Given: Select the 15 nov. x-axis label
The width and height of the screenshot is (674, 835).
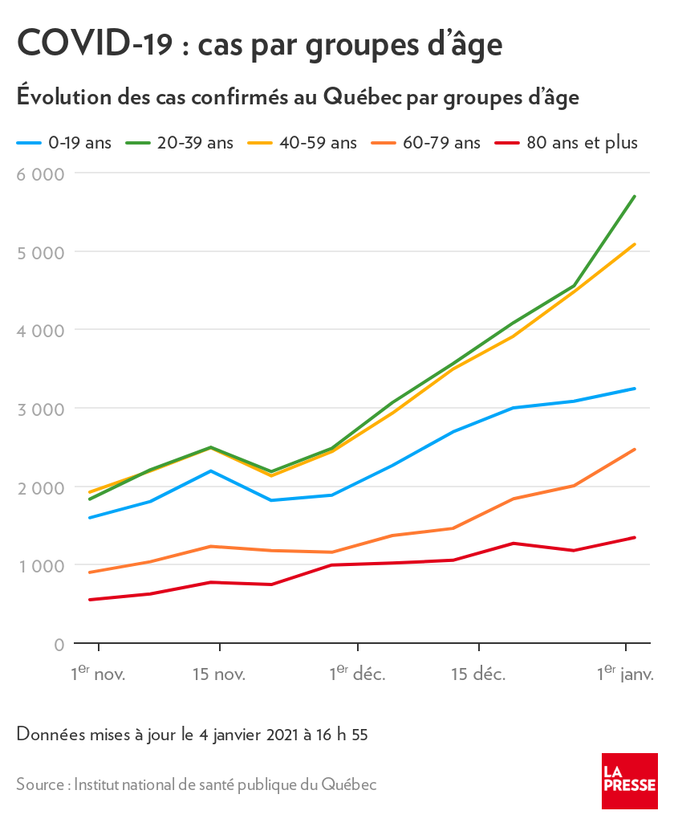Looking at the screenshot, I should click(x=219, y=674).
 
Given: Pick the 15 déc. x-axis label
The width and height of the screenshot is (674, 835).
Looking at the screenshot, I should click(x=478, y=674).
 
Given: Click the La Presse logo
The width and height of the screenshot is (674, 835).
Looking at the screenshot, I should click(x=630, y=781).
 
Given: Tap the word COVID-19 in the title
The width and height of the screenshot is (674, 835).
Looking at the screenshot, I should click(x=95, y=43).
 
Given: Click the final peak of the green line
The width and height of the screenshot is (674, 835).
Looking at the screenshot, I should click(x=635, y=196).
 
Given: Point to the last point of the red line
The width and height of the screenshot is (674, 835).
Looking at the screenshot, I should click(x=635, y=537).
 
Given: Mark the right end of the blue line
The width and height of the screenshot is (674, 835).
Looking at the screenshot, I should click(x=635, y=389).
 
